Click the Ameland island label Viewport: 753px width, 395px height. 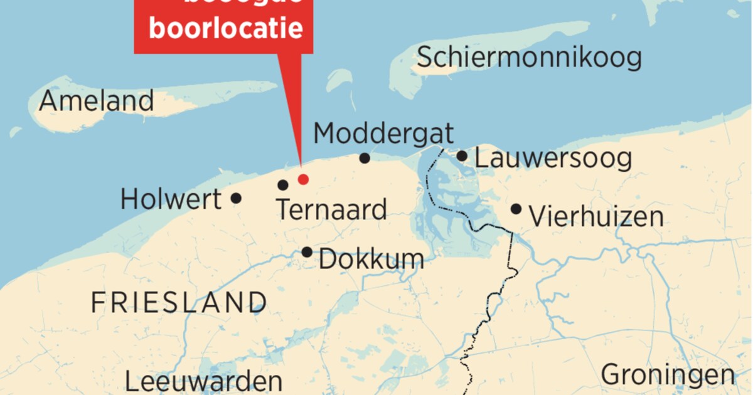pos(96,100)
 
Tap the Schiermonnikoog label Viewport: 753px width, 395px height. pos(529,58)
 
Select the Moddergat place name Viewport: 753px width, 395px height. pos(383,133)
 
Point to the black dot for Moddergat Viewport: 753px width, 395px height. pos(365,158)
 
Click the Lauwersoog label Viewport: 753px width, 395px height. pos(553,158)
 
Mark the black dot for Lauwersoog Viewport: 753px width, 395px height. pos(462,155)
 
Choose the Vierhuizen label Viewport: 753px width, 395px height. pos(596,217)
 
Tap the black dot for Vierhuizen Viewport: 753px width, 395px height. pos(516,209)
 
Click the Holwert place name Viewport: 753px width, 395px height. pos(171,199)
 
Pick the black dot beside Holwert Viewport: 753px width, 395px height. pos(236,198)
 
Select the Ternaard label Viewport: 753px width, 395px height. pos(331,209)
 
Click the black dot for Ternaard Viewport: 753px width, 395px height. pos(283,185)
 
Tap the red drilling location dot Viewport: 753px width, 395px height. pos(303,179)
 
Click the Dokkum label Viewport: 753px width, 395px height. pos(371,258)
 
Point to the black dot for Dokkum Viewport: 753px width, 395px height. pos(307,252)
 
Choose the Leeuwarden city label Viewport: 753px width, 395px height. pos(203,381)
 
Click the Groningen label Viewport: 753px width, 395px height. pos(668,375)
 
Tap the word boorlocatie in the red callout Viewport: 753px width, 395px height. pos(225,28)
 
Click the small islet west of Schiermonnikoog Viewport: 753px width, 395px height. pos(339,80)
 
